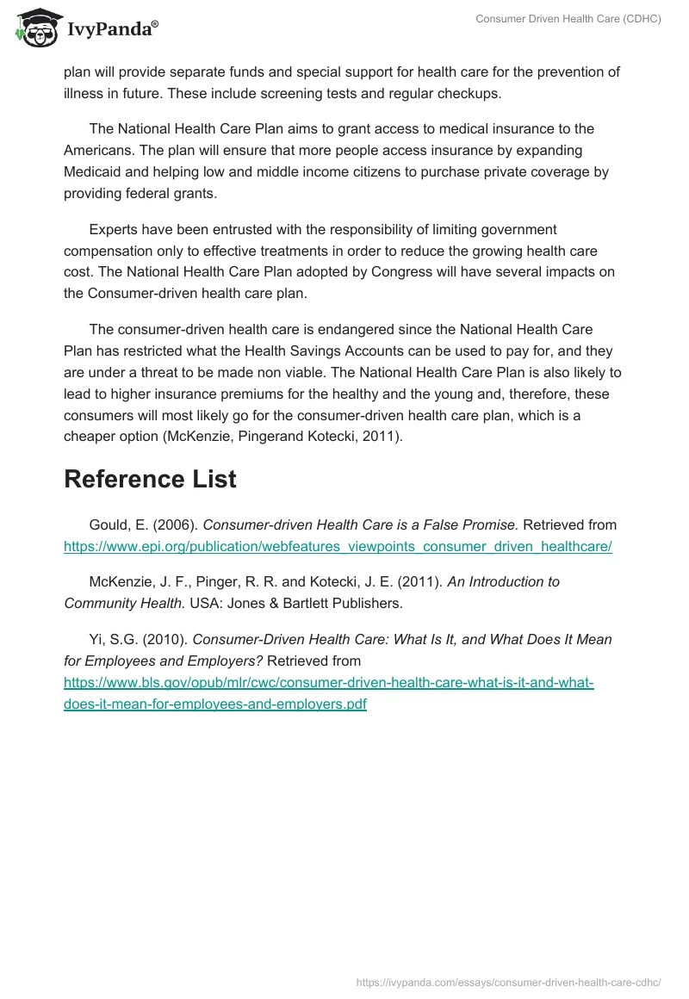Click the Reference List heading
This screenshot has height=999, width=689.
coord(150,480)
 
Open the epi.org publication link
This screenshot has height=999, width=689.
coord(338,547)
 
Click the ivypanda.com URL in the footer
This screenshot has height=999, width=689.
coord(508,981)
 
